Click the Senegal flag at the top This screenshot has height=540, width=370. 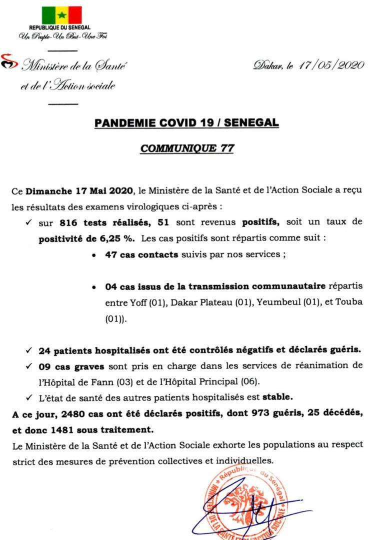[61, 15]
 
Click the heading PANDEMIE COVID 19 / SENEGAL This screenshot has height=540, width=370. [187, 122]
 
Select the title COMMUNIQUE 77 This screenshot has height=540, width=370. [187, 148]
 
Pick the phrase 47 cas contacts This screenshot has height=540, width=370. [141, 254]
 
